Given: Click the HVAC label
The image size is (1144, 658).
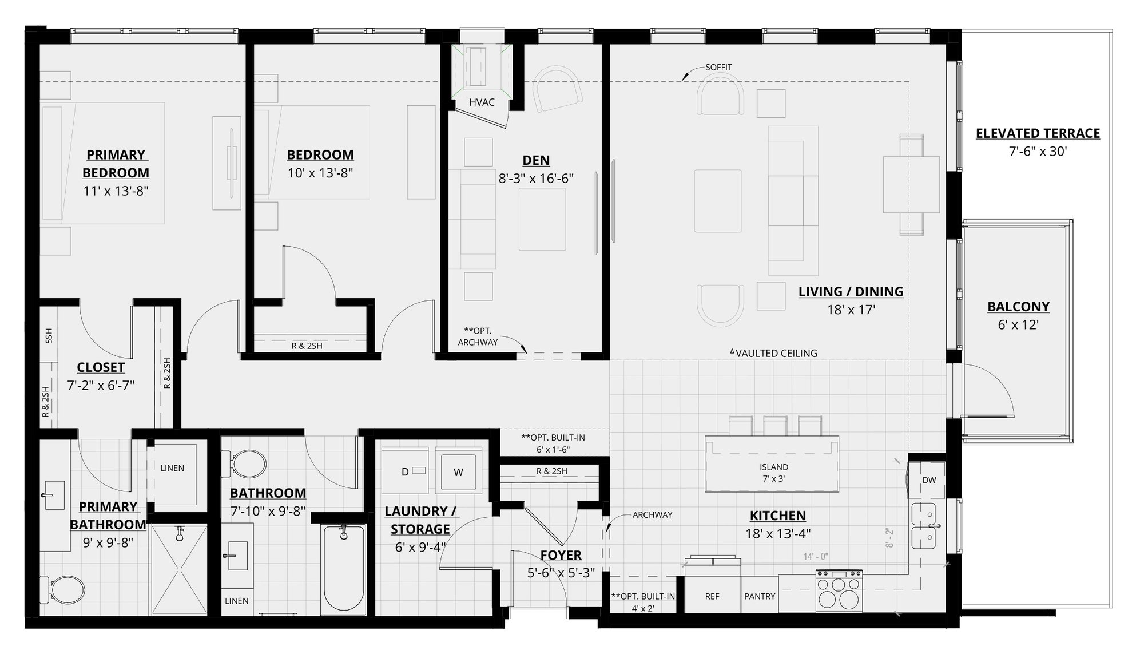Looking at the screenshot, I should click(x=482, y=102).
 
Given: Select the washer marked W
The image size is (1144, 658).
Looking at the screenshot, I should click(x=458, y=472).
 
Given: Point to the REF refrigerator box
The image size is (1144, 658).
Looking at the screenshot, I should click(x=712, y=596).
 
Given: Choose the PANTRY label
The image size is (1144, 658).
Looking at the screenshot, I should click(x=760, y=596).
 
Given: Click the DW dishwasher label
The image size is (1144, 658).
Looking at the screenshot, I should click(x=929, y=480).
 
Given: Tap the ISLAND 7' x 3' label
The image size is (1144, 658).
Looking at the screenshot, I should click(x=773, y=473).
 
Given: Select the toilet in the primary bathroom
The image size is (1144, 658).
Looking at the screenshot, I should click(x=62, y=589).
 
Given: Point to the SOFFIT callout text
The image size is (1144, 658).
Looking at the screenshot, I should click(x=718, y=67).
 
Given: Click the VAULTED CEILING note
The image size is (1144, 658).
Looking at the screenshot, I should click(x=776, y=353).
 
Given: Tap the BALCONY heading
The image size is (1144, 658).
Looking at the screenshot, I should click(x=1018, y=307).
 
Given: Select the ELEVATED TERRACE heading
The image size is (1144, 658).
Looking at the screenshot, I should click(x=1038, y=133).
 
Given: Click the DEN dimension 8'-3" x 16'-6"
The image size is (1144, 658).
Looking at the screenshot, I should click(x=536, y=179).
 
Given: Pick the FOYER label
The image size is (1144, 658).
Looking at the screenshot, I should click(x=561, y=555).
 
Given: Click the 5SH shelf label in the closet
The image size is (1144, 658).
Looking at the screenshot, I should click(x=49, y=336).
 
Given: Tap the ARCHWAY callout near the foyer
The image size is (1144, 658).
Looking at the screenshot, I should click(x=652, y=514).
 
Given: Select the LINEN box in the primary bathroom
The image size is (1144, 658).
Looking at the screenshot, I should click(x=172, y=468).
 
